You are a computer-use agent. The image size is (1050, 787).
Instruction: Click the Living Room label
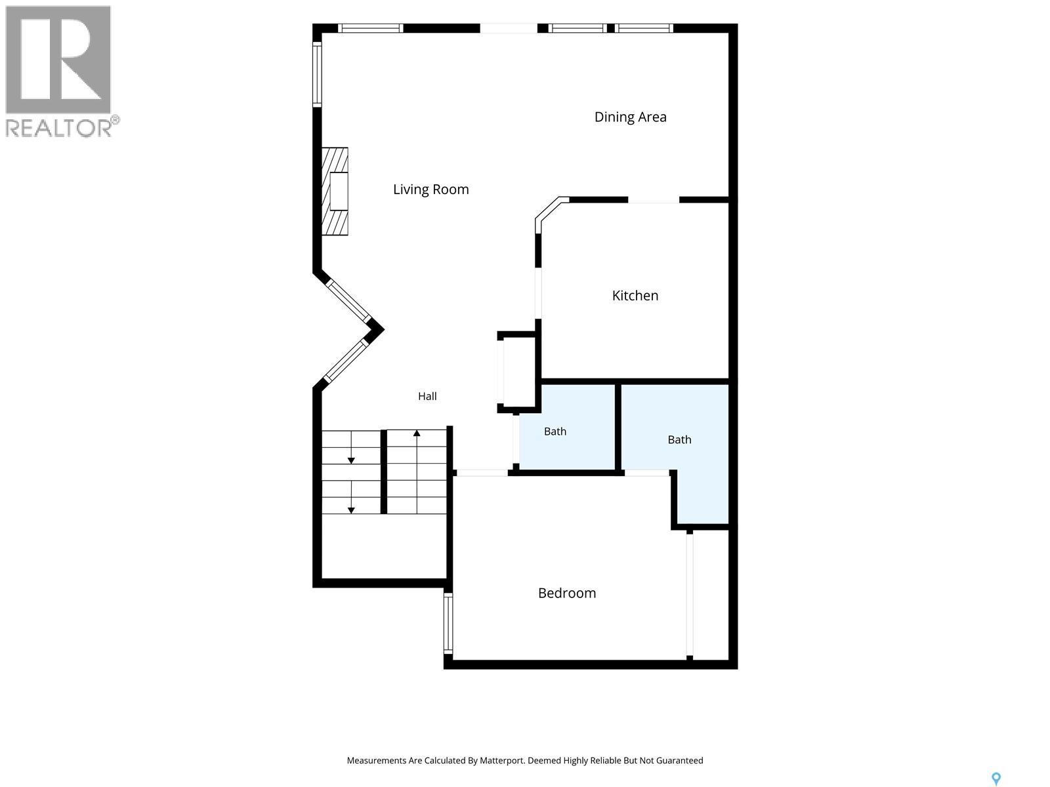[x=430, y=190]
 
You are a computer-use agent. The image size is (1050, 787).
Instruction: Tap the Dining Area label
[x=630, y=117]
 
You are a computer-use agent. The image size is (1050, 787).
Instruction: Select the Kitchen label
[x=635, y=295]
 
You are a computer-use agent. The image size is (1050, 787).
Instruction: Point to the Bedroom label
[x=567, y=593]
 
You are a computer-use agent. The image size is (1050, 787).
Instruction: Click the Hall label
[x=427, y=396]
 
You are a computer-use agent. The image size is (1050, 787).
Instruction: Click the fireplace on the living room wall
[x=335, y=191]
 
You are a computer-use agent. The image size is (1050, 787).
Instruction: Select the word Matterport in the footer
[x=501, y=760]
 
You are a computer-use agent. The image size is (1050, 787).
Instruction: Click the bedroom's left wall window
[x=448, y=624]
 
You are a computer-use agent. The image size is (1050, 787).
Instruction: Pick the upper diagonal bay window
[x=348, y=301]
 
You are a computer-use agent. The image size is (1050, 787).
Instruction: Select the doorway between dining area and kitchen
[x=654, y=200]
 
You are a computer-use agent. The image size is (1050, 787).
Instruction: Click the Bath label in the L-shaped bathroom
[x=679, y=439]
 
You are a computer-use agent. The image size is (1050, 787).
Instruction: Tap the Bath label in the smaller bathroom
[x=555, y=432]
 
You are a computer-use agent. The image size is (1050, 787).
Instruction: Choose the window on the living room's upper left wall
[x=317, y=74]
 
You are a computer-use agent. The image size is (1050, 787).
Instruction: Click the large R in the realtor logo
[x=58, y=59]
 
